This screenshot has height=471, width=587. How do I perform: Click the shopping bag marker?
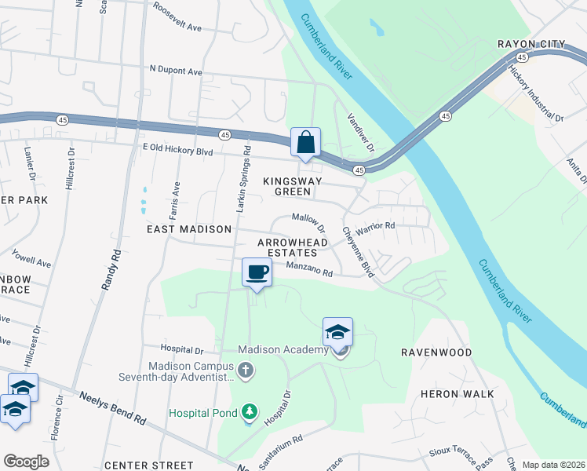(305, 143)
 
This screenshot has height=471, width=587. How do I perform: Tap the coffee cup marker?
(257, 272)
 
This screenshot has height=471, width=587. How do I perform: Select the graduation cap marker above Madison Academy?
(337, 332)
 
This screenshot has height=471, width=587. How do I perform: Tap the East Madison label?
(189, 229)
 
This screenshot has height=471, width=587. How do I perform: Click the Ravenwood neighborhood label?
(436, 352)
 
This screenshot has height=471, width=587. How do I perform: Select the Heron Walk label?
(458, 393)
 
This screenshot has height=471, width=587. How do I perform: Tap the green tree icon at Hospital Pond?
(249, 411)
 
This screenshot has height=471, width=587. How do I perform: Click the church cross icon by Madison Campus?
(246, 369)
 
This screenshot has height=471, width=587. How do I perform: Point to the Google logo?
(26, 462)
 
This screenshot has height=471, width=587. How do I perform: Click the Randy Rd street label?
(111, 271)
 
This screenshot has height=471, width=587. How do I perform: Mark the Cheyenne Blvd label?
(357, 252)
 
